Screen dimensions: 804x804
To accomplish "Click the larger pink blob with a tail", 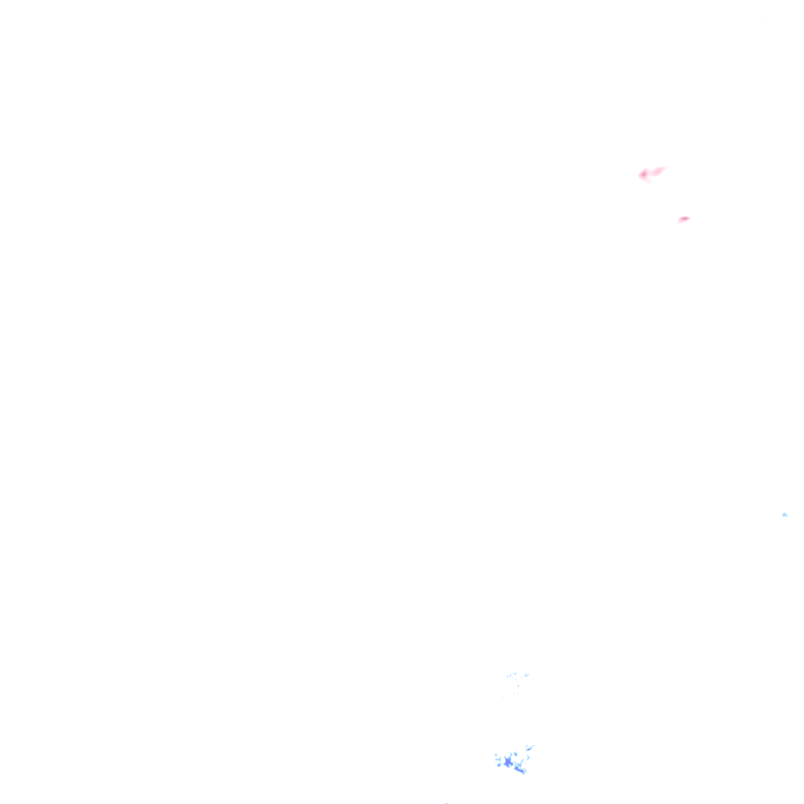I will (x=649, y=173).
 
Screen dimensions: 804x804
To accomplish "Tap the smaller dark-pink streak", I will (x=683, y=219).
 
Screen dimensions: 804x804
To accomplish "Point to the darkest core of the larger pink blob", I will (x=644, y=174).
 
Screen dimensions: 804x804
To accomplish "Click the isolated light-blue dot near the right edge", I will (x=784, y=514).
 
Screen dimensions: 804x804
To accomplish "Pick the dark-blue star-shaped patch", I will (x=509, y=761).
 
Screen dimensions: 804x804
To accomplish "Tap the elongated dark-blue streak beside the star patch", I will (x=520, y=769).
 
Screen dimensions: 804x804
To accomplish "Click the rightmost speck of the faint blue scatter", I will (x=527, y=674).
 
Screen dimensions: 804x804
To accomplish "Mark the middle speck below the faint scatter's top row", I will (x=517, y=686).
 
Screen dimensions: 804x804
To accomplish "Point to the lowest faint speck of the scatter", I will (x=504, y=697).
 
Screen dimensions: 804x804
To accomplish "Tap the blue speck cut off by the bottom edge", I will (x=446, y=802).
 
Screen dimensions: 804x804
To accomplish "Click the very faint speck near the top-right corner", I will (x=762, y=16).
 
